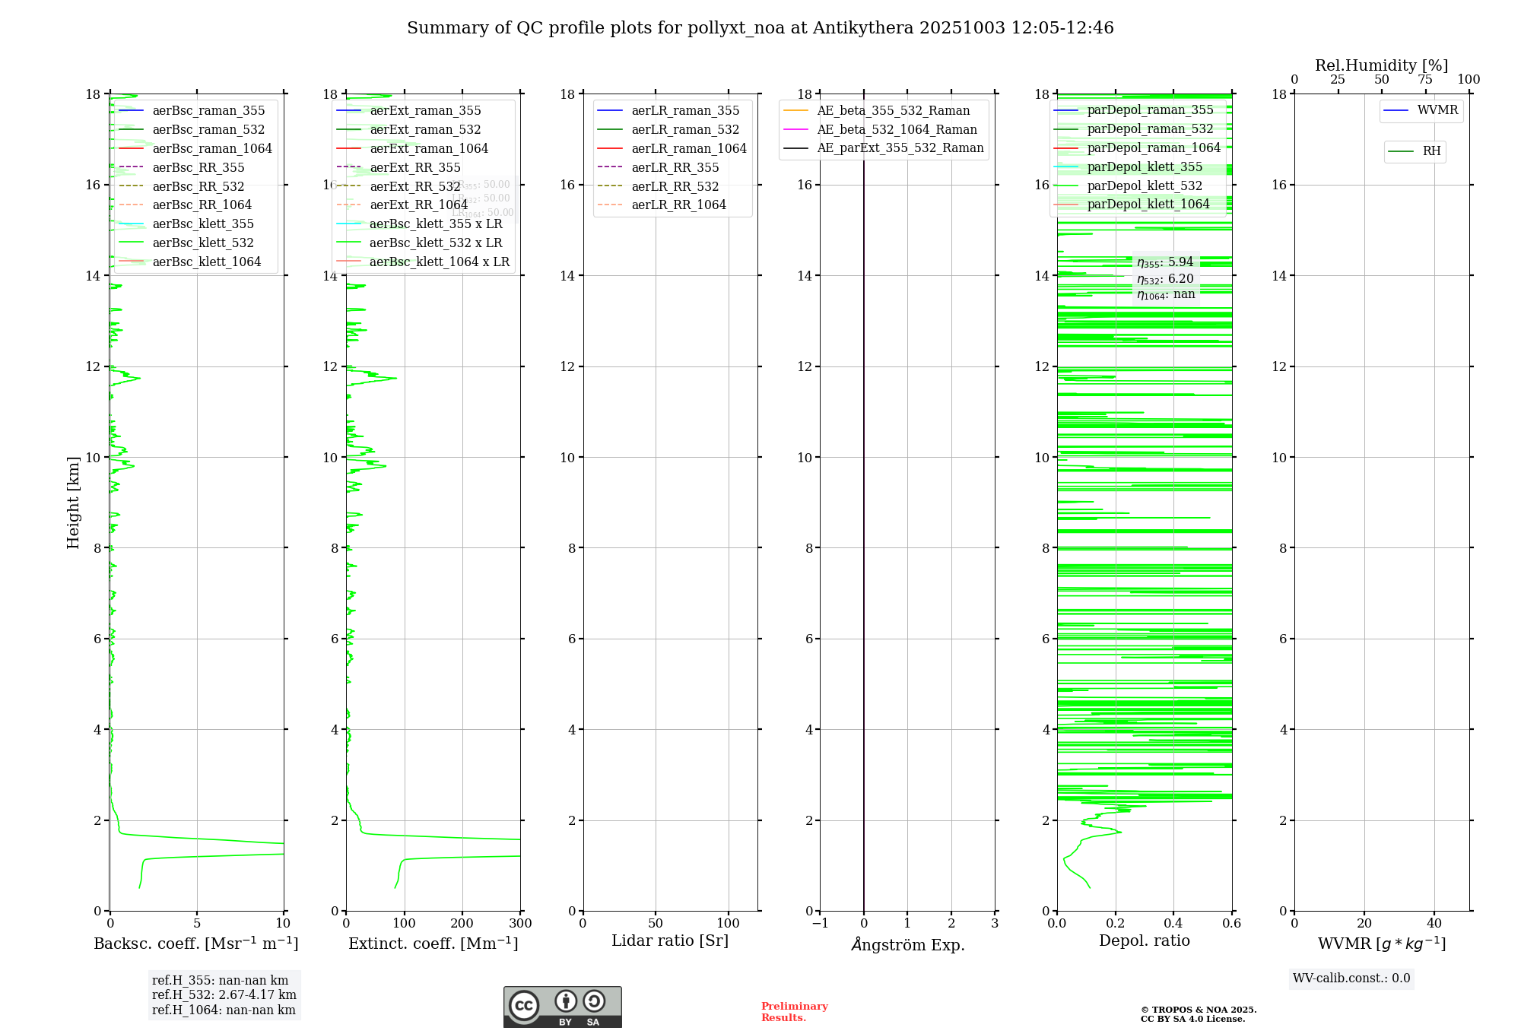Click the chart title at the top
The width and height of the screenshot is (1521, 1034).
pos(760,28)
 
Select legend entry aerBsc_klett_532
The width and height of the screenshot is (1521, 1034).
pos(202,243)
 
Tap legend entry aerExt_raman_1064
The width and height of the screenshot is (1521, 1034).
pos(429,149)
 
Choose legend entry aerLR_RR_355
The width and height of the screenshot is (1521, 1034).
pos(675,168)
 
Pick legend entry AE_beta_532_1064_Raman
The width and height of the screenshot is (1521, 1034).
pos(897,130)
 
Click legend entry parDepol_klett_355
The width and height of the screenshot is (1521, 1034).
pos(1145,167)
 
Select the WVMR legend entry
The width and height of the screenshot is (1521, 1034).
pos(1437,110)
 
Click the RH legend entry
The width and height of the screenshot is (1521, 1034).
pos(1431,151)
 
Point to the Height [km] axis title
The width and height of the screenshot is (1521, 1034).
pos(73,502)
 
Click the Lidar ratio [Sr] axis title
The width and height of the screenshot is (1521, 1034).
pos(670,941)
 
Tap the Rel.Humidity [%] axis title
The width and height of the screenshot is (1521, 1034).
pos(1381,65)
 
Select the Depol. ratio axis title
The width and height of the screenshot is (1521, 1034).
pos(1144,941)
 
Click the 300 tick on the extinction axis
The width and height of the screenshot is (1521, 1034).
pos(520,924)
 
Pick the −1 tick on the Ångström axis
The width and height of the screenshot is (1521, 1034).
pos(820,924)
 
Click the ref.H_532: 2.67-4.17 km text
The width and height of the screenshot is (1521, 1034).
pos(224,995)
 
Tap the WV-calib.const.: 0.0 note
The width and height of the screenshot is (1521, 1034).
pos(1351,978)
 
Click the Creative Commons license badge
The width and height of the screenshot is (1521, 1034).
pos(562,1007)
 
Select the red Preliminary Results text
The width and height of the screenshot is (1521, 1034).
pos(794,1012)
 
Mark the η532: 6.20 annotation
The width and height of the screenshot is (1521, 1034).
pos(1165,279)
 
